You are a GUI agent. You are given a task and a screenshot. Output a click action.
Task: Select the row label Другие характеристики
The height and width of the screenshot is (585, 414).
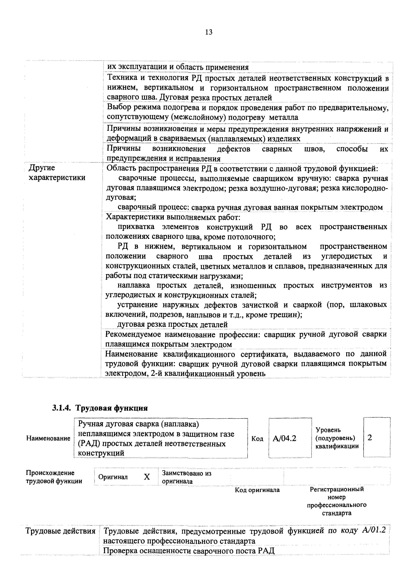(57, 173)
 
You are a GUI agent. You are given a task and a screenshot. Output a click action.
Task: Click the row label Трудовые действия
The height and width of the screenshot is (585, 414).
(60, 531)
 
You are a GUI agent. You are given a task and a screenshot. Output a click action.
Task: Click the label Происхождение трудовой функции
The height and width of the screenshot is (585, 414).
(54, 477)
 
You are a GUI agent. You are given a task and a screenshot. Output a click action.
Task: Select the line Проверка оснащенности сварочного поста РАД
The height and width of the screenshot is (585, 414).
(189, 551)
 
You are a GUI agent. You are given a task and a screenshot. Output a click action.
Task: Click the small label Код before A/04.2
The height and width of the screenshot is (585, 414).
(257, 439)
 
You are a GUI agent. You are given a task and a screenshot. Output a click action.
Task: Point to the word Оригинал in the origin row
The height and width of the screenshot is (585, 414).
(113, 477)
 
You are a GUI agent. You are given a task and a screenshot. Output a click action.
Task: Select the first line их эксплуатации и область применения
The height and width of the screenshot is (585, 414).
(178, 67)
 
